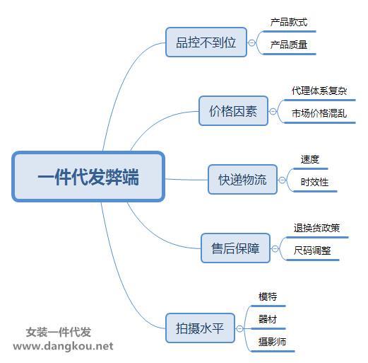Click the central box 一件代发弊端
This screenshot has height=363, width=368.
[x=88, y=177]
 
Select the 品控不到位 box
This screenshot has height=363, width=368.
[x=206, y=42]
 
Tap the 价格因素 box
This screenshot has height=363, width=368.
[x=233, y=111]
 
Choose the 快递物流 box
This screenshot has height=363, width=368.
[x=242, y=180]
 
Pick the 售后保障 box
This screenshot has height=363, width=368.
[x=235, y=248]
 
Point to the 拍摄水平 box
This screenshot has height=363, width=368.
[x=200, y=328]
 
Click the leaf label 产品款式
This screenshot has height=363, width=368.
[x=289, y=22]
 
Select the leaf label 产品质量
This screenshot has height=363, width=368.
[x=289, y=45]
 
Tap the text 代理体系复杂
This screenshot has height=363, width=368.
[x=319, y=91]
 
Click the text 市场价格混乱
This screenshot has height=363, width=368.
[x=319, y=113]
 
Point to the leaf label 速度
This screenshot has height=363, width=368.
[x=310, y=159]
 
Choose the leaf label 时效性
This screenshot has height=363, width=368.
[x=314, y=182]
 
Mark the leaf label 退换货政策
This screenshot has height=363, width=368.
[x=316, y=228]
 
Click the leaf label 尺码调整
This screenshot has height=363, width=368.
[x=312, y=250]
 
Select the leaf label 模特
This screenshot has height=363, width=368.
[x=268, y=296]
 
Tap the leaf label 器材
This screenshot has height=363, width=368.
[x=268, y=319]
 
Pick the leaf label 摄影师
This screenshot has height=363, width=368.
[x=272, y=342]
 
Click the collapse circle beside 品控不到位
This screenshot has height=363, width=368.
[x=251, y=43]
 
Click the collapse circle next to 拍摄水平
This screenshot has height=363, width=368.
[x=239, y=329]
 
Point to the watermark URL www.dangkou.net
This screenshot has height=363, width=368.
[x=63, y=346]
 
